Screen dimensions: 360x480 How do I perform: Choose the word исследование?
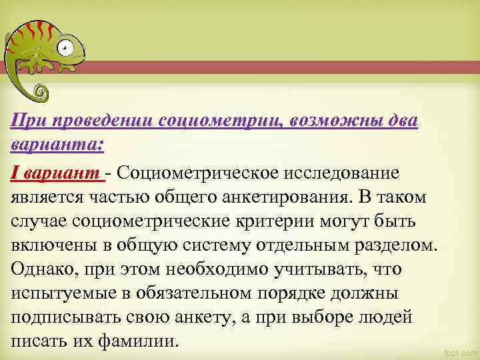(344, 173)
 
